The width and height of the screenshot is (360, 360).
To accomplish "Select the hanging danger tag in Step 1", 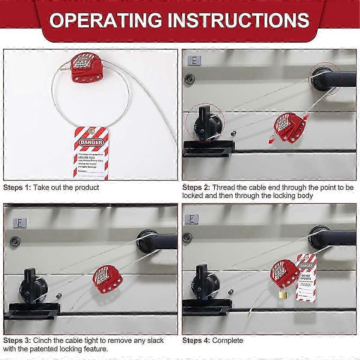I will coord(88,152).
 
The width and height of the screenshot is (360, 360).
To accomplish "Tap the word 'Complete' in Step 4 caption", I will coord(227,340).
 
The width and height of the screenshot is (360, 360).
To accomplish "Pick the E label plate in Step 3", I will coord(19,223).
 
